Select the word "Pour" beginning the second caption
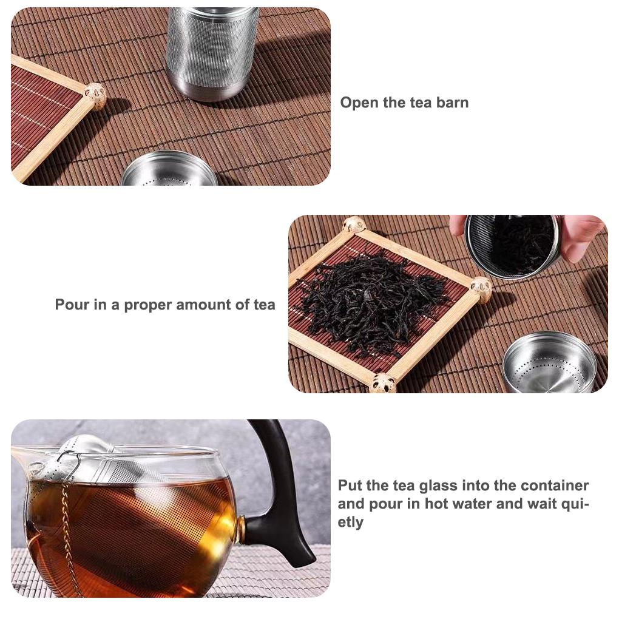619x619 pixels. click(x=72, y=305)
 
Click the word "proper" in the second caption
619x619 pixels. click(x=147, y=305)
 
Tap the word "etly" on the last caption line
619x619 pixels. click(x=350, y=523)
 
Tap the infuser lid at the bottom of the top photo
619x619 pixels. click(x=170, y=169)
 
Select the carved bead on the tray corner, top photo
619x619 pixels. click(x=95, y=94)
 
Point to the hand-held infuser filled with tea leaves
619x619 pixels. click(x=513, y=246)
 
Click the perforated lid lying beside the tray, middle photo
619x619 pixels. click(x=549, y=363)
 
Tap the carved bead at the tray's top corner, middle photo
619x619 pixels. click(x=354, y=225)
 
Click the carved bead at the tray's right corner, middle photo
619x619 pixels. click(x=481, y=288)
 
